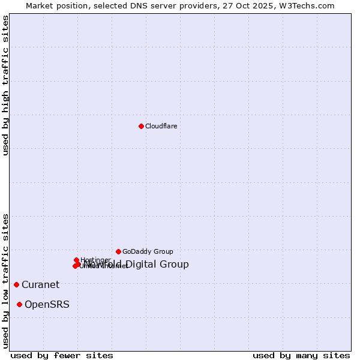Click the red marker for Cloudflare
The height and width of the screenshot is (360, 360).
(x=141, y=126)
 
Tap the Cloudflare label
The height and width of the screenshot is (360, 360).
(x=161, y=126)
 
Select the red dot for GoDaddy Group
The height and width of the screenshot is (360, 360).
(x=118, y=251)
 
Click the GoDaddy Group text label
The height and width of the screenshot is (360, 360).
(x=148, y=252)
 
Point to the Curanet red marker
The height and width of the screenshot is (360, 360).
(x=16, y=284)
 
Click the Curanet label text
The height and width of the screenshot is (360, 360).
(x=40, y=285)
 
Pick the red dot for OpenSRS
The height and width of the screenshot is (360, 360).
(x=19, y=305)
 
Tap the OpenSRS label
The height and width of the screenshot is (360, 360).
(x=47, y=305)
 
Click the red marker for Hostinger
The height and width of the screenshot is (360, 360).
(x=76, y=260)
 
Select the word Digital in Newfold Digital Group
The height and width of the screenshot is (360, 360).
(x=142, y=265)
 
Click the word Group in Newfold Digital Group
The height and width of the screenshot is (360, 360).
(x=175, y=265)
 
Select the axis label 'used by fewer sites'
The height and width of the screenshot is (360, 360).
(x=62, y=356)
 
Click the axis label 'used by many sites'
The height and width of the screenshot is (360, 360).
(x=301, y=356)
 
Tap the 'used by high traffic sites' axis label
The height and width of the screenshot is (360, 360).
(x=5, y=86)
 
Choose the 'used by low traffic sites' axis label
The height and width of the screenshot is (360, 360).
(x=5, y=280)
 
